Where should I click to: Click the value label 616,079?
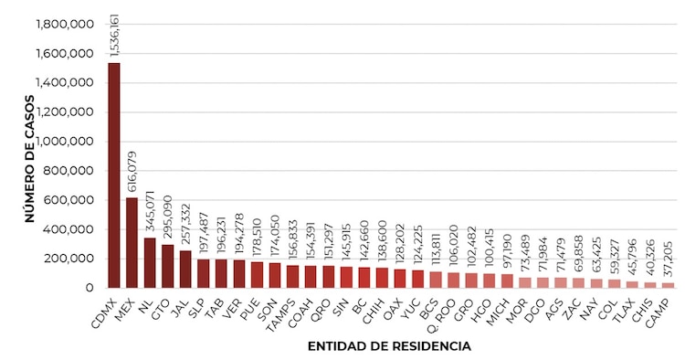(132, 172)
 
